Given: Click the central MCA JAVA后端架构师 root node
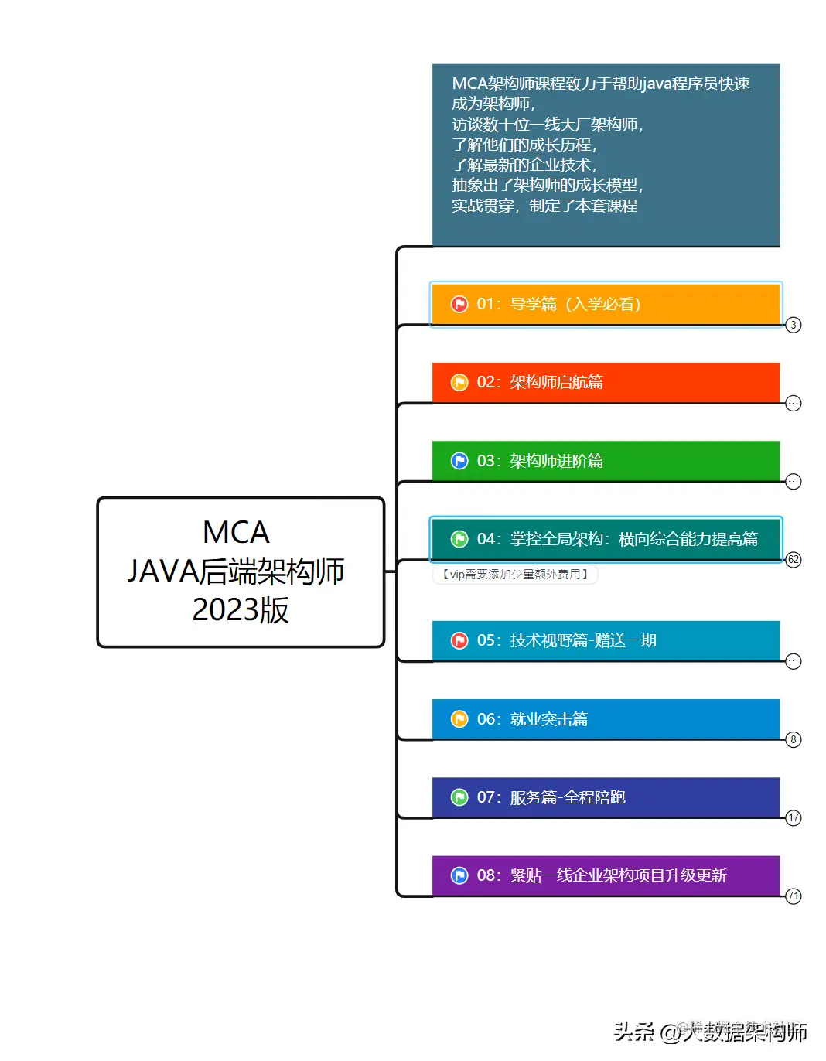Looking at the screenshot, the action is (x=241, y=571).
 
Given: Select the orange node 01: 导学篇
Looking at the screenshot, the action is (x=605, y=304).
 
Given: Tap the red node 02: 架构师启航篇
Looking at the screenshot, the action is (x=605, y=382).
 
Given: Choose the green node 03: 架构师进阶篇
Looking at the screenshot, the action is (x=605, y=461).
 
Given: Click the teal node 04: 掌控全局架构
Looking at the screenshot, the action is (x=605, y=539).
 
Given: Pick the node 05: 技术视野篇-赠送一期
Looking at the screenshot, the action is (x=605, y=640).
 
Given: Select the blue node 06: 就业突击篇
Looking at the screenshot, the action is (x=605, y=719).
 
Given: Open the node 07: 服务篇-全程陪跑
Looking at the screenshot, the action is (x=605, y=797).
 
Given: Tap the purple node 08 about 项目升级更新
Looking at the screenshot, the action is (x=605, y=875).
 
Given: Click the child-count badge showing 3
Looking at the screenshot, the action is (x=794, y=325).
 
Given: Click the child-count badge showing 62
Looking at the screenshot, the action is (x=794, y=560).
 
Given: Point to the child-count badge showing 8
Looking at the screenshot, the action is (x=794, y=740).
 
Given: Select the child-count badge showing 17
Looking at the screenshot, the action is (x=794, y=818).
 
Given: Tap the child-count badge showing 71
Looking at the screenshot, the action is (x=794, y=896).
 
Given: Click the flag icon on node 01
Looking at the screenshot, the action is (x=459, y=304).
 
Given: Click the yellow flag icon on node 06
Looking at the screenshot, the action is (x=459, y=719).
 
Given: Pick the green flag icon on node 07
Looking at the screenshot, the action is (x=459, y=797).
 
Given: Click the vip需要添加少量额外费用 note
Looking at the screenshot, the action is (x=515, y=575).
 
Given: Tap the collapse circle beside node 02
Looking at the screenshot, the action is (x=794, y=403).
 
